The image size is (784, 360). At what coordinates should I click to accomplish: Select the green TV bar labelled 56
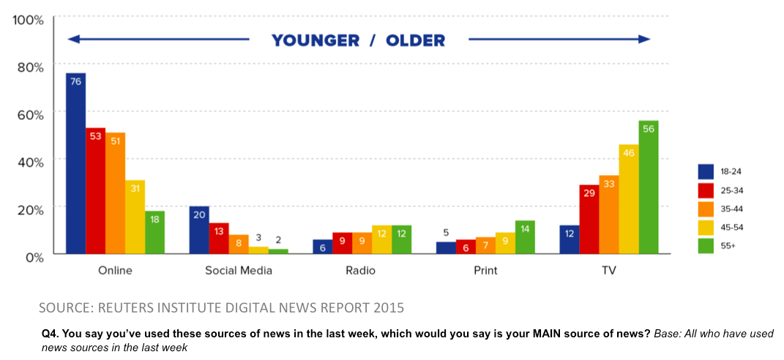[x=648, y=187]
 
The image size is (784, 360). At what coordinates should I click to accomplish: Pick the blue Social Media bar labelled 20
[x=199, y=230]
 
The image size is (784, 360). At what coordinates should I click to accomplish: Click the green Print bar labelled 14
[x=524, y=237]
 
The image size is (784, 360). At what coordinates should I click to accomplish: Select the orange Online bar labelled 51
[x=115, y=193]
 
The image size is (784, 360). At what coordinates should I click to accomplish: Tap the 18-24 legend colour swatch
[x=706, y=170]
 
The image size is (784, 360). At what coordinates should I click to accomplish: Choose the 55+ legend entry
[x=728, y=246]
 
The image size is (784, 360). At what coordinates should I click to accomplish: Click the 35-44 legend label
[x=731, y=209]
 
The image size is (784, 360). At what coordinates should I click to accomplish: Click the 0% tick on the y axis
[x=32, y=257]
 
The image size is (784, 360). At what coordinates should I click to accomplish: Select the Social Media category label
[x=238, y=271]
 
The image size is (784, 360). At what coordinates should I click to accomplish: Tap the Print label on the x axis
[x=485, y=271]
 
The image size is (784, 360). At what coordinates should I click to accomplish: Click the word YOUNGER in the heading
[x=315, y=40]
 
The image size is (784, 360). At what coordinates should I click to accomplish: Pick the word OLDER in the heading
[x=416, y=40]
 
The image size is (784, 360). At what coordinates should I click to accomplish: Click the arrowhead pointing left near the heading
[x=72, y=40]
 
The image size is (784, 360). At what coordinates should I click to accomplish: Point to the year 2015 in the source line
[x=387, y=307]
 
